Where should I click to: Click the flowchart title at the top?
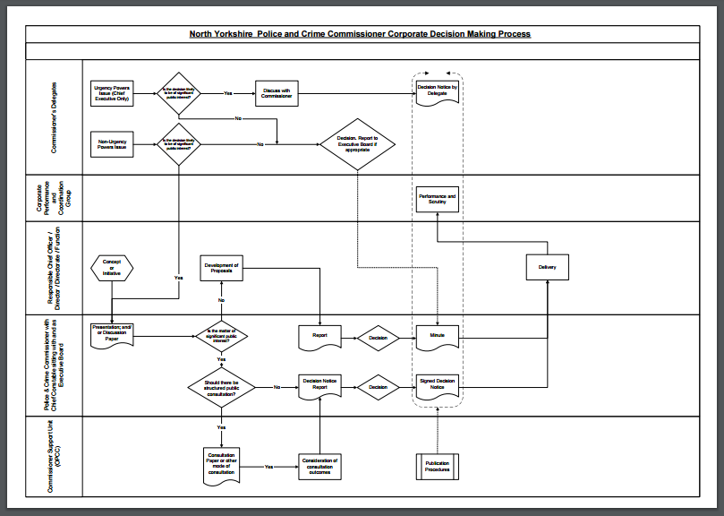click(360, 34)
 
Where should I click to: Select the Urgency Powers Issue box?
click(112, 93)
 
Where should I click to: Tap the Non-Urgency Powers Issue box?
click(112, 144)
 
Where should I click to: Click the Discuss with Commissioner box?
click(277, 93)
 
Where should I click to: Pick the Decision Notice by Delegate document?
click(438, 90)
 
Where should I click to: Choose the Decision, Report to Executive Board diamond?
click(357, 143)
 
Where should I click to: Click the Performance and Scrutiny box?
click(438, 200)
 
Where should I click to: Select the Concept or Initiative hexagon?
click(112, 266)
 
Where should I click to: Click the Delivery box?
click(547, 268)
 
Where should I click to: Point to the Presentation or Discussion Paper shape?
click(112, 333)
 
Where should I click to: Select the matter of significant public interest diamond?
click(221, 336)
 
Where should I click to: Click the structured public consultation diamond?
click(221, 387)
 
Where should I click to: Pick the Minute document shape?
click(438, 336)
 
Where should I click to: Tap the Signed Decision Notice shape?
click(438, 387)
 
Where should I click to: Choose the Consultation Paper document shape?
click(221, 465)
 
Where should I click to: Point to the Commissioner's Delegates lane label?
click(54, 116)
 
